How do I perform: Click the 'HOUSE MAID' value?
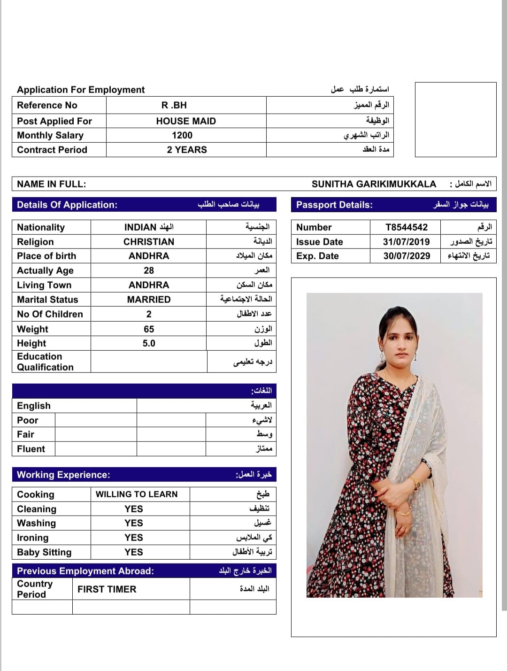[x=186, y=121]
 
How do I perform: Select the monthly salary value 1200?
[x=182, y=135]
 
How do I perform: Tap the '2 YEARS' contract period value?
[x=187, y=150]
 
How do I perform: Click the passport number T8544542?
[x=407, y=227]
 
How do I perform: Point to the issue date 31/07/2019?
[x=406, y=242]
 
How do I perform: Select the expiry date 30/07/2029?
[x=407, y=256]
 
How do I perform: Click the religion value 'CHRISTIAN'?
[x=149, y=242]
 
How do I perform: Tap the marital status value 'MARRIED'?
[x=149, y=300]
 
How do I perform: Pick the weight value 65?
[x=149, y=329]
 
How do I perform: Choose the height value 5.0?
[x=149, y=343]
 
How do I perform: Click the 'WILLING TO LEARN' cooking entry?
[x=137, y=494]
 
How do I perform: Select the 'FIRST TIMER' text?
[x=107, y=589]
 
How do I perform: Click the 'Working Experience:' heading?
[x=63, y=475]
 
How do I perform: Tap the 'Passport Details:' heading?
[x=334, y=205]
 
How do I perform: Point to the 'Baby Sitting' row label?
[x=44, y=552]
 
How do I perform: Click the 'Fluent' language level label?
[x=31, y=449]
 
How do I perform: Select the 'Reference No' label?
[x=47, y=105]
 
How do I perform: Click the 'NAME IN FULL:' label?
[x=52, y=184]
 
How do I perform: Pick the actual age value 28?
[x=149, y=270]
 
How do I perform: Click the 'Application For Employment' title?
[x=81, y=90]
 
